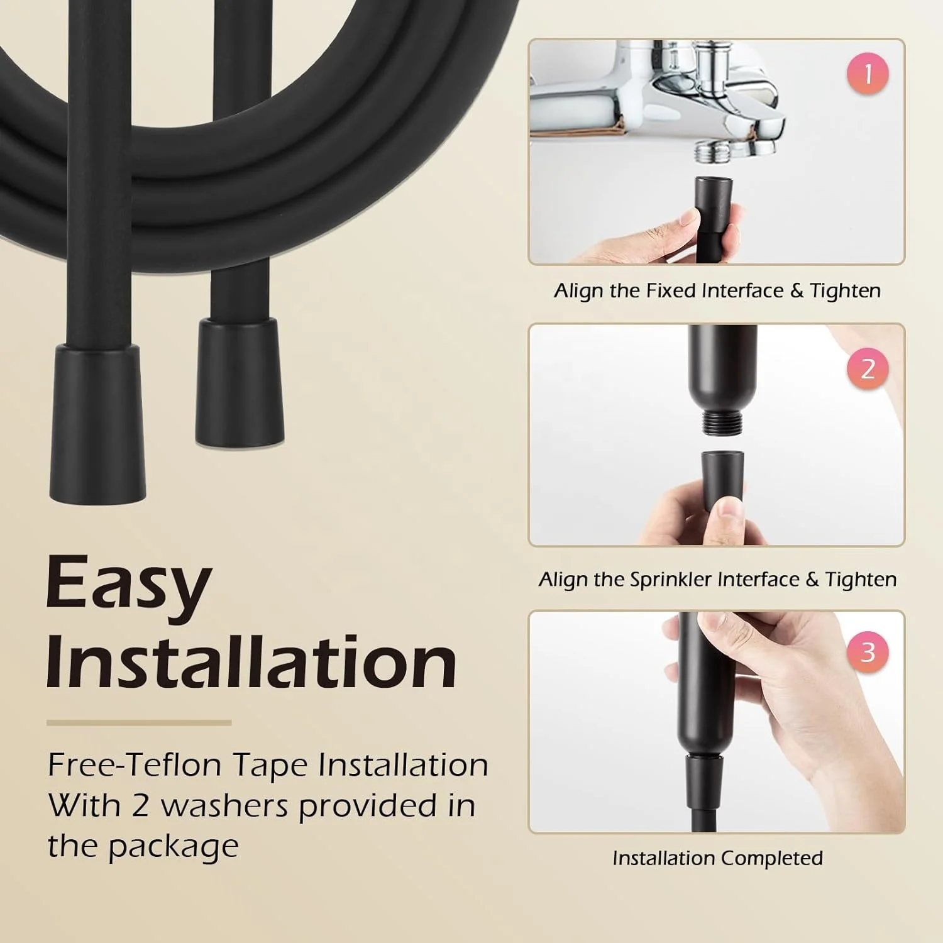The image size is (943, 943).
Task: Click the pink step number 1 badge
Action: point(868,74)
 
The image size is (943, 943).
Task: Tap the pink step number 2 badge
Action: point(868,368)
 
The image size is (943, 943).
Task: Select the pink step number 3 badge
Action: point(868,651)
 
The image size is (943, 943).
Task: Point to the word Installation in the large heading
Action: point(251,663)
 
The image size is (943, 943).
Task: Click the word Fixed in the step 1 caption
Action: point(671,290)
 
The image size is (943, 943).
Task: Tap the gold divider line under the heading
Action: point(139,723)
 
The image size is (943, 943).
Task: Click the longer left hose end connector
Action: point(97,421)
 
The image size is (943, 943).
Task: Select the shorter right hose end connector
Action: point(240,382)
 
